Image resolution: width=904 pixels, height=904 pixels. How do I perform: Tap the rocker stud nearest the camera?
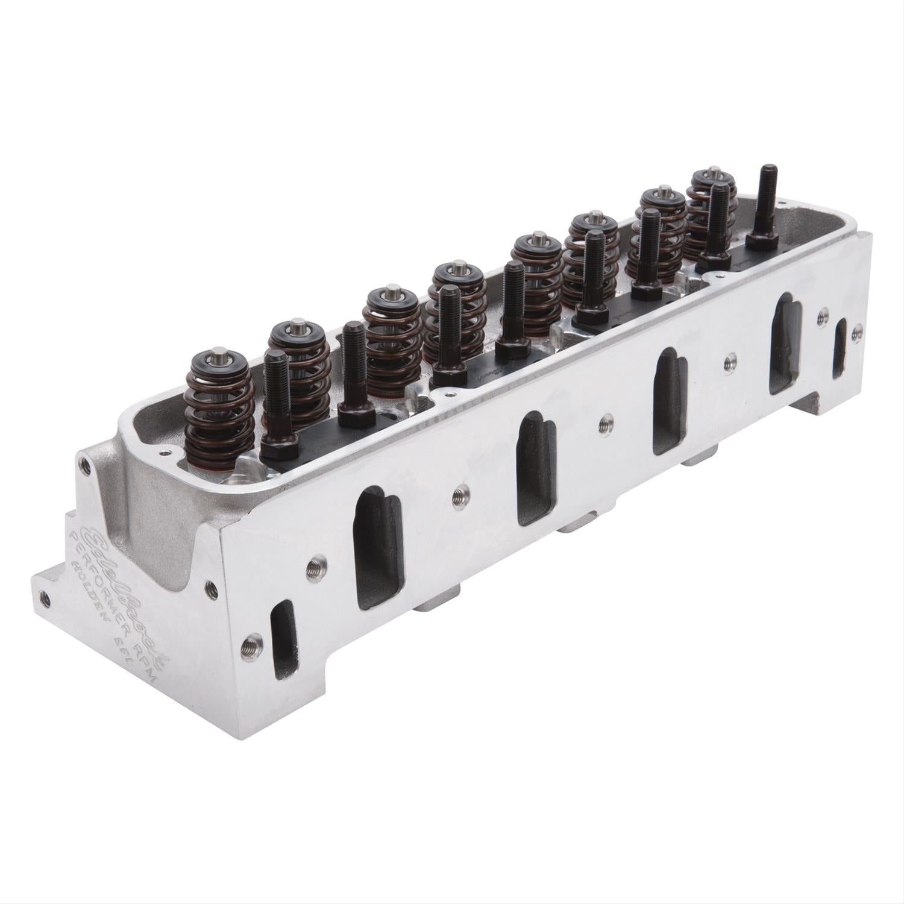point(279,398)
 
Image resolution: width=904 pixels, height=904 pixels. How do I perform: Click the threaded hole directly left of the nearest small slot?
point(246,645)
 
